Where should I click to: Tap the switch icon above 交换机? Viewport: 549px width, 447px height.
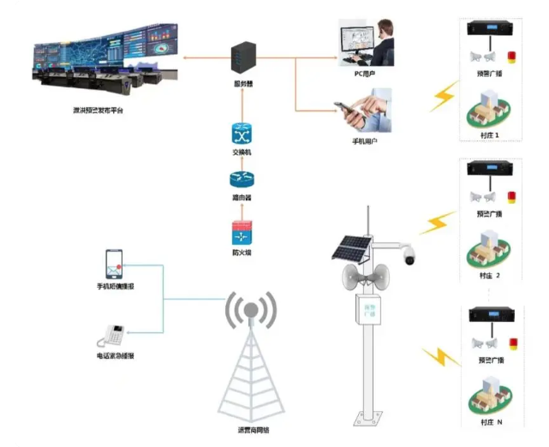click(241, 134)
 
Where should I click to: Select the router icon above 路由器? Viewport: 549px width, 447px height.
click(241, 179)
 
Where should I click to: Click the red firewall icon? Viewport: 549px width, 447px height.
click(241, 231)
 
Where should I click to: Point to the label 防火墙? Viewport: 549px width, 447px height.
click(241, 253)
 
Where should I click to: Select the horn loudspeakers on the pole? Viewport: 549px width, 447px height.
click(359, 276)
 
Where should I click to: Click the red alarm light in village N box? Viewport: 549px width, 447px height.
click(512, 345)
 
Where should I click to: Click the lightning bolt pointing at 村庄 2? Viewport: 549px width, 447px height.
click(437, 223)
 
